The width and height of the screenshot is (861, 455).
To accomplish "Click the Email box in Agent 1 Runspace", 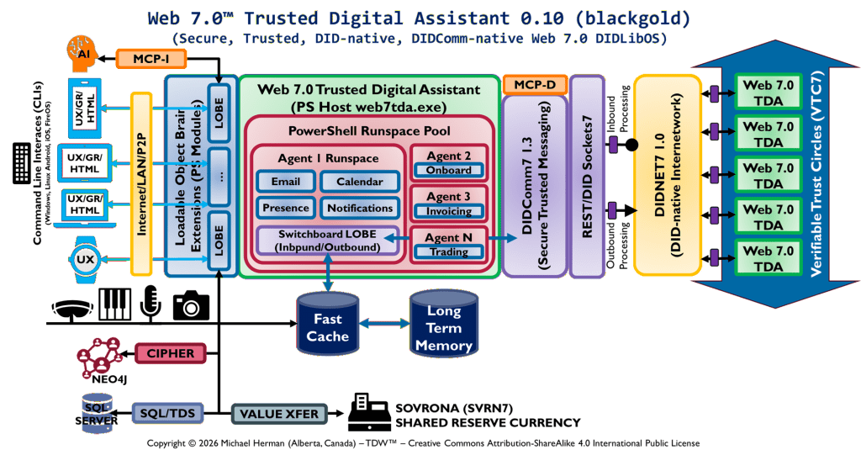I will tap(285, 182).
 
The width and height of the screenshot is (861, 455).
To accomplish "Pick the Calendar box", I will tap(359, 182).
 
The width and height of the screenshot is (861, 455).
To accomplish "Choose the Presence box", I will tap(285, 208).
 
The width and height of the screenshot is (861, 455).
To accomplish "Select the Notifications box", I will tap(359, 208).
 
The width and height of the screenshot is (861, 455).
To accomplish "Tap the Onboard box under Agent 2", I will tap(447, 170).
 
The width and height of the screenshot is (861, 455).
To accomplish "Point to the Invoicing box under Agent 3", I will tap(447, 211).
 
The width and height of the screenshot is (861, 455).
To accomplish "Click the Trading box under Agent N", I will tap(447, 251).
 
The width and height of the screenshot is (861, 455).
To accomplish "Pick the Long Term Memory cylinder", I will tap(443, 324).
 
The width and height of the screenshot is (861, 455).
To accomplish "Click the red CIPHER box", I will tap(171, 353).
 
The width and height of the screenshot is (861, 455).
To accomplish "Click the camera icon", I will tap(191, 305).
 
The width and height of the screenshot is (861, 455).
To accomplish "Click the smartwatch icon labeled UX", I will tap(85, 259).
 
